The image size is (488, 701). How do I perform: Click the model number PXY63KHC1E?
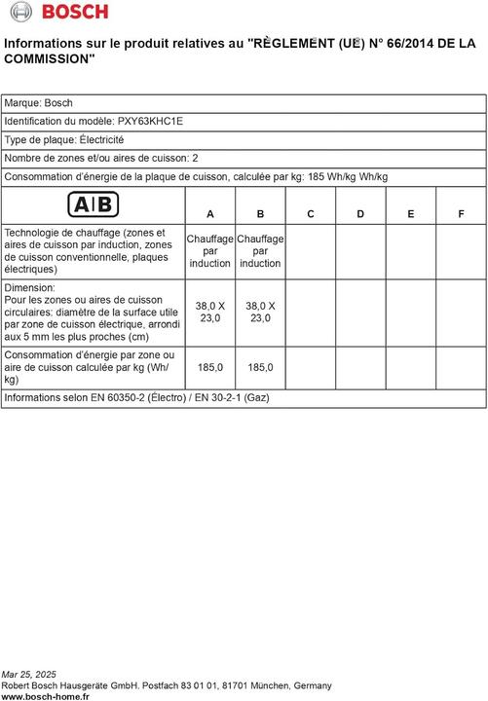(149, 121)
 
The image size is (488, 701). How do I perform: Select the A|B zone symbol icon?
(94, 204)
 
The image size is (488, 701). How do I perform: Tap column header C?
(311, 214)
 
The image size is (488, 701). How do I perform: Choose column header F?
(461, 214)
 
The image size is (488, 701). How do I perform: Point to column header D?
(360, 214)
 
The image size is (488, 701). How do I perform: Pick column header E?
(411, 214)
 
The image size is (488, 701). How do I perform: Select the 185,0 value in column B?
(260, 368)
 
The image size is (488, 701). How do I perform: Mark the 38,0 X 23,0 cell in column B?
(260, 312)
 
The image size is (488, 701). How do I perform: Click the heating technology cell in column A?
(210, 251)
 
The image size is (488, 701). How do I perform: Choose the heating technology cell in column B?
(260, 251)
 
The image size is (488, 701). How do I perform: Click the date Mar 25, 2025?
(29, 674)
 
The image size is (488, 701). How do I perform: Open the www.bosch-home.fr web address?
(46, 696)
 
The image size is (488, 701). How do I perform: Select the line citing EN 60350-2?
(136, 398)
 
